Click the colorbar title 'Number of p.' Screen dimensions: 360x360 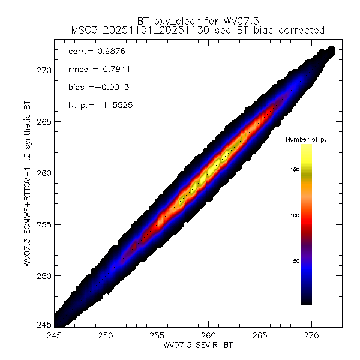tap(306, 139)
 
